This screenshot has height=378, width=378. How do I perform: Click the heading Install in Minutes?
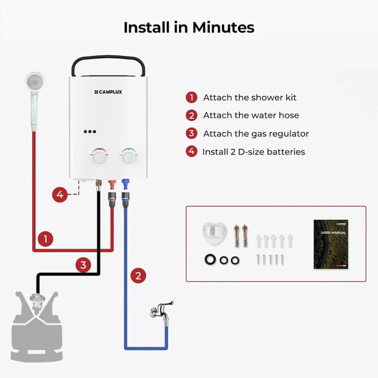[188, 27]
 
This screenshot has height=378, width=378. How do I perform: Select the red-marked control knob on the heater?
[100, 157]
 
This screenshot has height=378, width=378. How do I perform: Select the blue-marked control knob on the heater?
[129, 157]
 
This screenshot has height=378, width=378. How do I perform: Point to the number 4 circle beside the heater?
[60, 194]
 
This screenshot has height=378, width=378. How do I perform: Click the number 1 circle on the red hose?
[45, 238]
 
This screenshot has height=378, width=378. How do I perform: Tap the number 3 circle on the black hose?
[83, 265]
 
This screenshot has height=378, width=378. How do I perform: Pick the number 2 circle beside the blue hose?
[139, 276]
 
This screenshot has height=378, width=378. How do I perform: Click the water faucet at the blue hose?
[162, 311]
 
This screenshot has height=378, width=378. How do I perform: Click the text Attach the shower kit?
[249, 98]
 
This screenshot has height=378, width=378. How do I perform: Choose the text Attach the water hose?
[251, 115]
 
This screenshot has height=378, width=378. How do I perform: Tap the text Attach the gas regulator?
[256, 133]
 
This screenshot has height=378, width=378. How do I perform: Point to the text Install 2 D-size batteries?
[253, 152]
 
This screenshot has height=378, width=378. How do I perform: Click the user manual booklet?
[330, 244]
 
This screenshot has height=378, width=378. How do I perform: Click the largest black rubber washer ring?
[211, 260]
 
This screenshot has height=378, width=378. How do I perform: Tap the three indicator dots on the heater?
[90, 132]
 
